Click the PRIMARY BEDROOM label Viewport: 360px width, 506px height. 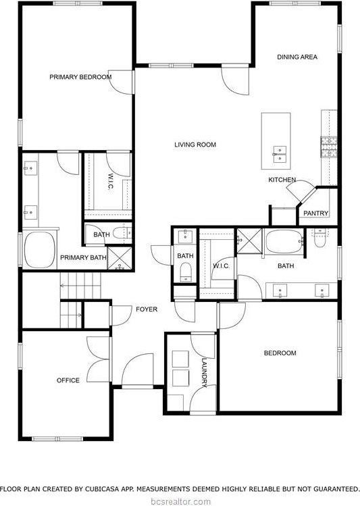click(80, 77)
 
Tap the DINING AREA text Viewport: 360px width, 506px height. click(297, 57)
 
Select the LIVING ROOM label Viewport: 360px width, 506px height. click(195, 145)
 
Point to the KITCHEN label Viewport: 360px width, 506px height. click(282, 180)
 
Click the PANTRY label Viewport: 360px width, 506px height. click(315, 213)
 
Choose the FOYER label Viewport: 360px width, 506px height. click(147, 309)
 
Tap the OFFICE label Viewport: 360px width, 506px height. click(68, 380)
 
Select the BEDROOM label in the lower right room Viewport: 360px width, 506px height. click(280, 353)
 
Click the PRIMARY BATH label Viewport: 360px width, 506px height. click(83, 257)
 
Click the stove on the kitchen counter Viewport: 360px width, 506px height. click(329, 146)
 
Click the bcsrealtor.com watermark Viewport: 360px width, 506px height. click(180, 501)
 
